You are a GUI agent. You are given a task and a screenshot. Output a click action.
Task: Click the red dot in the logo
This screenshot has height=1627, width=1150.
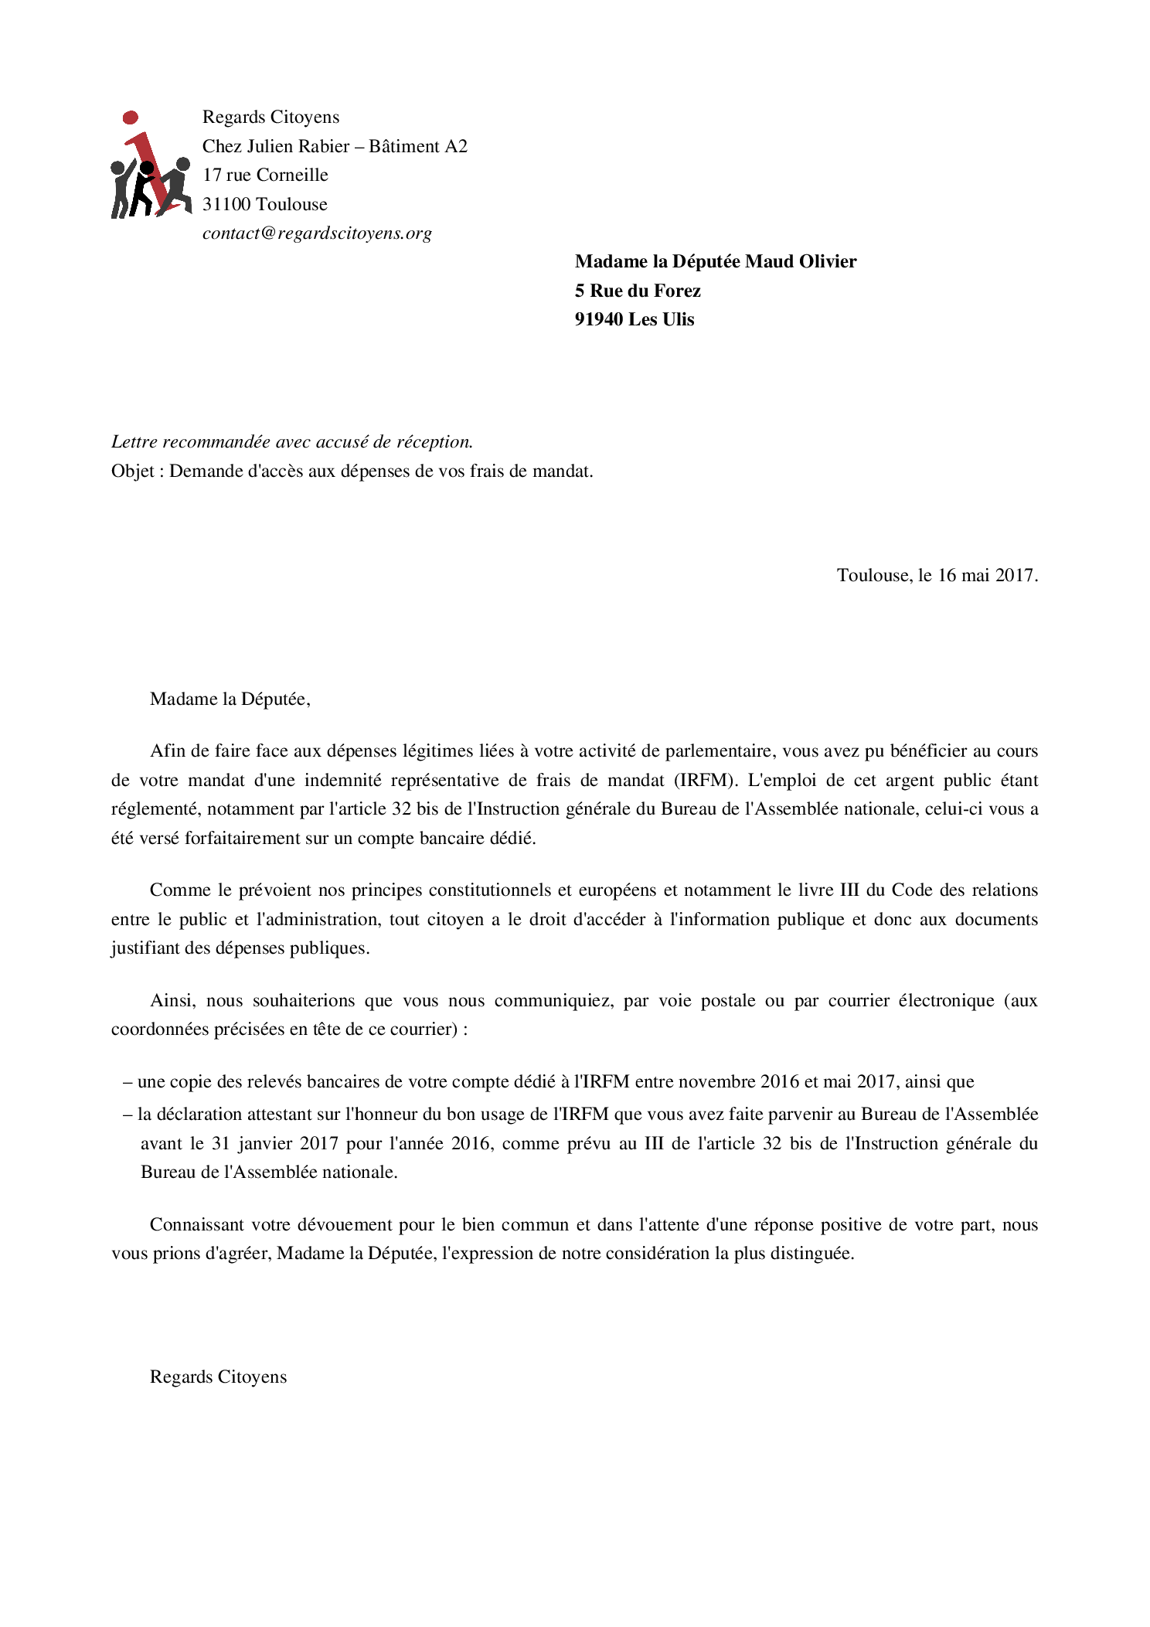click(x=131, y=117)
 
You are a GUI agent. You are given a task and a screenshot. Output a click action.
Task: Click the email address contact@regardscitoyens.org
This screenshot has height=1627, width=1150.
click(x=317, y=233)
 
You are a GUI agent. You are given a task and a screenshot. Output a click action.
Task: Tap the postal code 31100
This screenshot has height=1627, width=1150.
click(x=226, y=204)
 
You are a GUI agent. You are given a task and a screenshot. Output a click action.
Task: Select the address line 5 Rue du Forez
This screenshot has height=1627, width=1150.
click(x=638, y=291)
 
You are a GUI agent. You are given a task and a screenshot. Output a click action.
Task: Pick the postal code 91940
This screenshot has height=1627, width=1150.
click(x=599, y=320)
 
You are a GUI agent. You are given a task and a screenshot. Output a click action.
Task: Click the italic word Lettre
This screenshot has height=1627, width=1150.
click(x=134, y=442)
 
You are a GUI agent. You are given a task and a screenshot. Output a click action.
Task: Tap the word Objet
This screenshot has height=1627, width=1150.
click(x=133, y=471)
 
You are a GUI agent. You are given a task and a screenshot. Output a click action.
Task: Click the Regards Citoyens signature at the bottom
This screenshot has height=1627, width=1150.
click(x=218, y=1377)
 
